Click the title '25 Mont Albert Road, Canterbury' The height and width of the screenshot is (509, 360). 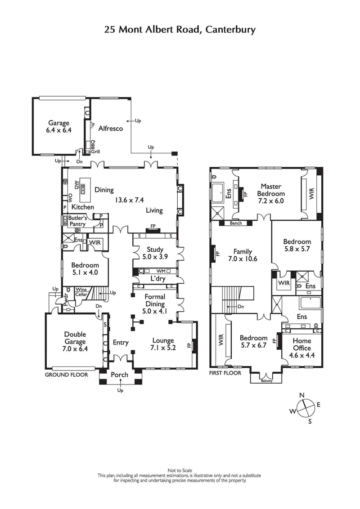(x=180, y=30)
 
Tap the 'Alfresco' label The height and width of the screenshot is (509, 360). (x=111, y=129)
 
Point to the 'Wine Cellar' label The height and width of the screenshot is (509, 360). (x=81, y=292)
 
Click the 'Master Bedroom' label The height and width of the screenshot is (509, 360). (x=270, y=190)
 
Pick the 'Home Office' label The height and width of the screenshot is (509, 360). (x=301, y=344)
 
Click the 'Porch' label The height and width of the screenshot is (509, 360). (x=119, y=375)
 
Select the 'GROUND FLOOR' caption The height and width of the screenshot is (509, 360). (x=66, y=375)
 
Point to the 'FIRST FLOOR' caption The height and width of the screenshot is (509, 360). (x=225, y=373)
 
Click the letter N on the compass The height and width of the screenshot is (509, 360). (x=302, y=395)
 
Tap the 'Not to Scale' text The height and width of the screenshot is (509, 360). (x=180, y=470)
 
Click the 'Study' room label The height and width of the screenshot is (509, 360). (x=155, y=250)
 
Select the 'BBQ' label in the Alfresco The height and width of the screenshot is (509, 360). (x=93, y=145)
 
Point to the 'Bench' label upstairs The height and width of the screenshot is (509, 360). (x=236, y=223)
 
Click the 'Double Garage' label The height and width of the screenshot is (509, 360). (x=75, y=338)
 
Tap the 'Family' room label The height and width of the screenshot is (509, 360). (x=242, y=252)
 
